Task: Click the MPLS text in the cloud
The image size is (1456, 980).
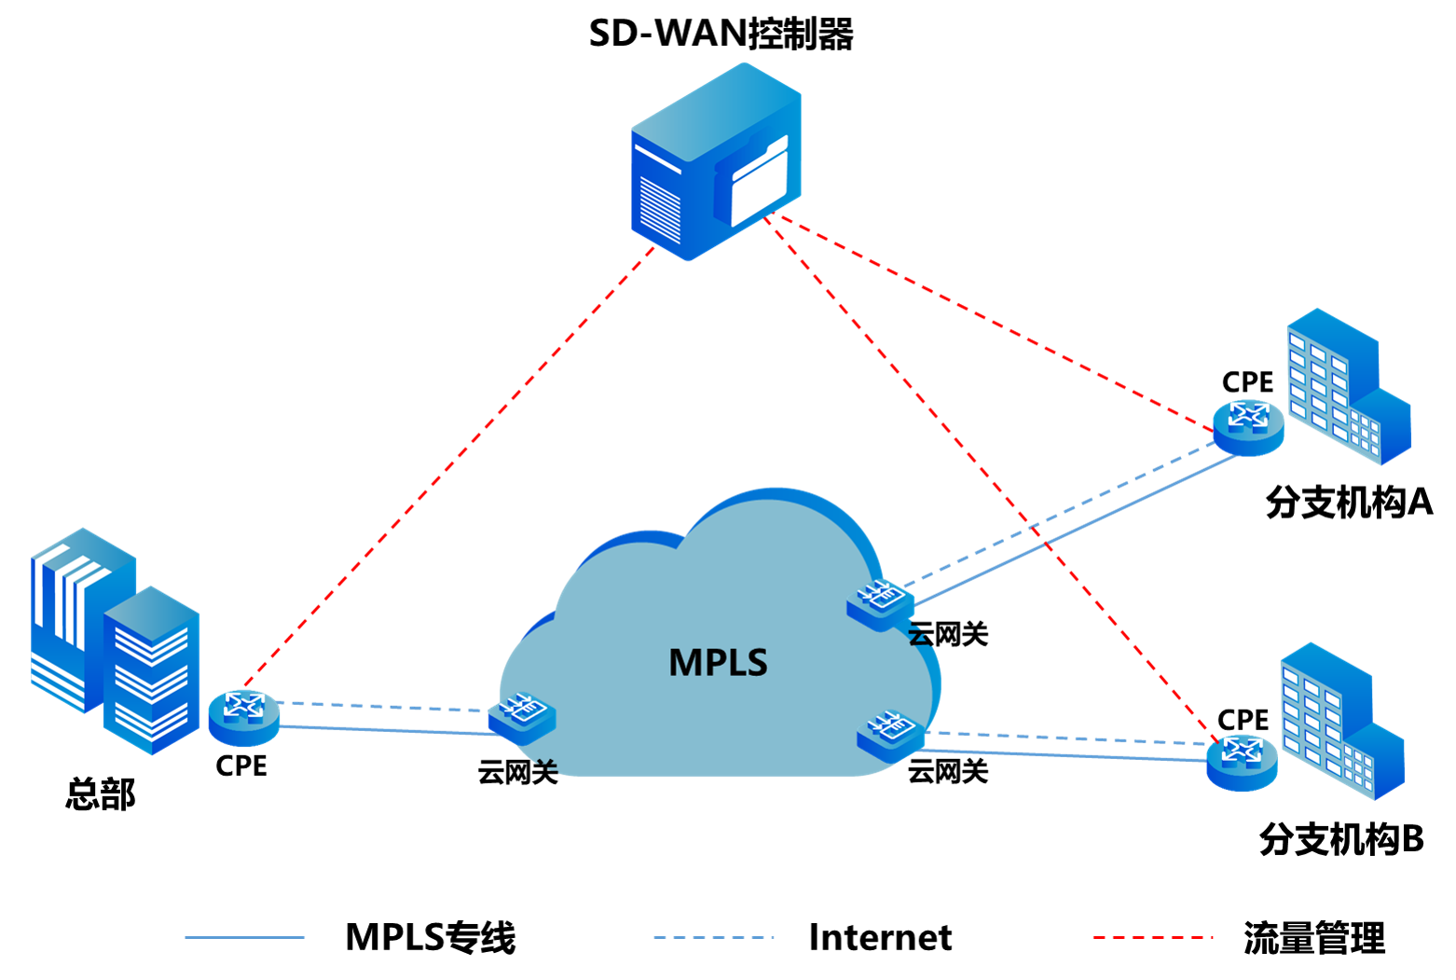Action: tap(718, 662)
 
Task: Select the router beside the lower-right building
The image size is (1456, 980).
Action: tap(1241, 761)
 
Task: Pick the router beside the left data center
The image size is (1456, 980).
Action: tap(243, 716)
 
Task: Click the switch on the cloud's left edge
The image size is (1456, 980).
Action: tap(522, 716)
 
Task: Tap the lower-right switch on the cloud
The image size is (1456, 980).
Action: tap(890, 735)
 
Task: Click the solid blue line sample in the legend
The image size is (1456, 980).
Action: tap(244, 937)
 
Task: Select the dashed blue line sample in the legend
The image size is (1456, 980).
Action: tap(713, 937)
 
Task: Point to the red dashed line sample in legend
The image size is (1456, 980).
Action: tap(1152, 937)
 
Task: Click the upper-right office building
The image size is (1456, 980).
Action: tap(1346, 387)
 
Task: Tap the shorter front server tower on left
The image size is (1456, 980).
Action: tap(152, 671)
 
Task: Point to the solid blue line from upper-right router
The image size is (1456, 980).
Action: tap(1072, 530)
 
